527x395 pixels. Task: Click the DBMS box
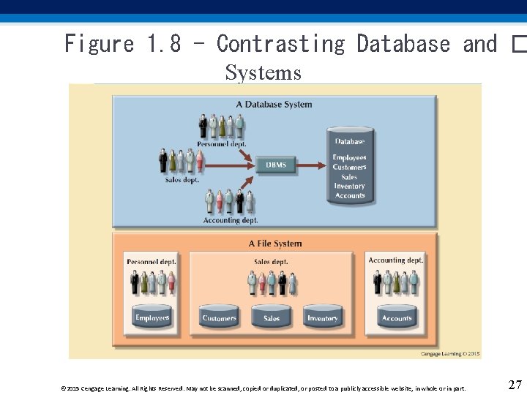(276, 165)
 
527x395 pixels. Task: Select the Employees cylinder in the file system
(152, 317)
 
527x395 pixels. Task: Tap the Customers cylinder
(219, 317)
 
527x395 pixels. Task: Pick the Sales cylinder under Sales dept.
(272, 317)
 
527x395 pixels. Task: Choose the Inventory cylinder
(322, 317)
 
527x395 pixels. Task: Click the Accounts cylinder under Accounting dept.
(397, 317)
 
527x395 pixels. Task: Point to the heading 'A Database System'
(274, 105)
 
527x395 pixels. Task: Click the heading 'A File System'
(274, 244)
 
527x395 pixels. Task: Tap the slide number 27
(515, 385)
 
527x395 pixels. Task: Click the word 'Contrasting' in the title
(280, 44)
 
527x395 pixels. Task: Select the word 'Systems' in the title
(263, 72)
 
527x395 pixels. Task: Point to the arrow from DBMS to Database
(310, 165)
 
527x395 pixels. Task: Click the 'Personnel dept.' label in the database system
(221, 144)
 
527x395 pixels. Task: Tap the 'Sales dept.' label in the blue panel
(182, 179)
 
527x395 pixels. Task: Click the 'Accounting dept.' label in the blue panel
(230, 220)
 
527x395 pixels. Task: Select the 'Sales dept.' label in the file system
(271, 261)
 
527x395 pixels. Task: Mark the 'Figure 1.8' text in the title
(122, 44)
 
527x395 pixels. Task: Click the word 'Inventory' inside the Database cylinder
(349, 186)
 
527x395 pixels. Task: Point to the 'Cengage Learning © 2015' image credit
(450, 353)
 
